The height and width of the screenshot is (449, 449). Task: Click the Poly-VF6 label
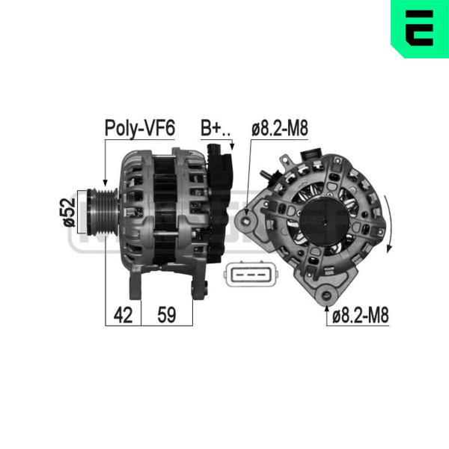tap(140, 128)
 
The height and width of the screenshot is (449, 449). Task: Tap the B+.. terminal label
tap(215, 128)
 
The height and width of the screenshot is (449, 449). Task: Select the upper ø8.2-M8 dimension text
tap(279, 128)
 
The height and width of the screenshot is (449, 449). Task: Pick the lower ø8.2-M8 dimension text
tap(360, 315)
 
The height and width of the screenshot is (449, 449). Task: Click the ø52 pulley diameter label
tap(70, 213)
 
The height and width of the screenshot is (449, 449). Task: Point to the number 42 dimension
tap(123, 315)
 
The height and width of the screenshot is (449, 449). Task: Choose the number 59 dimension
tap(167, 315)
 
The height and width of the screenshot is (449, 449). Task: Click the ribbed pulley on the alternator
tap(103, 213)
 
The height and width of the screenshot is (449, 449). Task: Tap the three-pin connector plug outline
tap(251, 275)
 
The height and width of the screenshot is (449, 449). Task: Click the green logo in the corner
tap(420, 28)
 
